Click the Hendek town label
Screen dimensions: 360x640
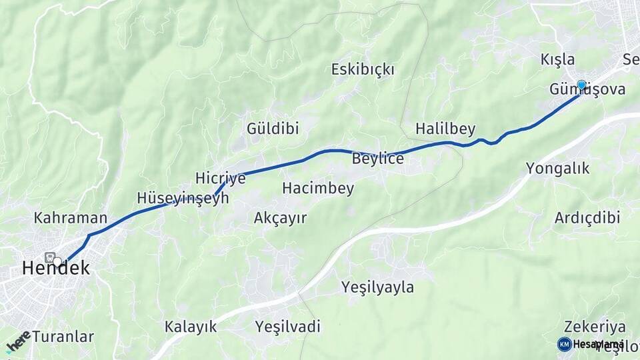tap(55, 268)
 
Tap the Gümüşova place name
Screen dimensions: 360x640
tap(587, 89)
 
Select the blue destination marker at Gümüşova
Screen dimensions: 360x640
tap(581, 85)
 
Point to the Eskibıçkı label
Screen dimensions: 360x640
tap(363, 69)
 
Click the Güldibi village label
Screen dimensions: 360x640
tap(273, 128)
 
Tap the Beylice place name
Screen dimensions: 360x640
tap(378, 159)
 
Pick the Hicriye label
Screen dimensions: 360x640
tap(221, 178)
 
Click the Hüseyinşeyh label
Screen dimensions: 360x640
tap(183, 198)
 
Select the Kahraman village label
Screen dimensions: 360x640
tap(71, 218)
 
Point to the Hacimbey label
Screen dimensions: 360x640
tap(318, 189)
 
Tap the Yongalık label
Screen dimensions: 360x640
tap(558, 168)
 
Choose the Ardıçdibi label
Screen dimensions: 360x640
tap(587, 218)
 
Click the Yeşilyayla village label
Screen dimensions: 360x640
tap(377, 288)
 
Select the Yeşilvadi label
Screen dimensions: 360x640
tap(287, 327)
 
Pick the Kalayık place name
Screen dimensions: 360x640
tap(191, 327)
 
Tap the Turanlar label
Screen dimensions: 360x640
tap(63, 336)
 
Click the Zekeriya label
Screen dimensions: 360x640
tap(595, 327)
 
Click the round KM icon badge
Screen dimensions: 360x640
tap(564, 344)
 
